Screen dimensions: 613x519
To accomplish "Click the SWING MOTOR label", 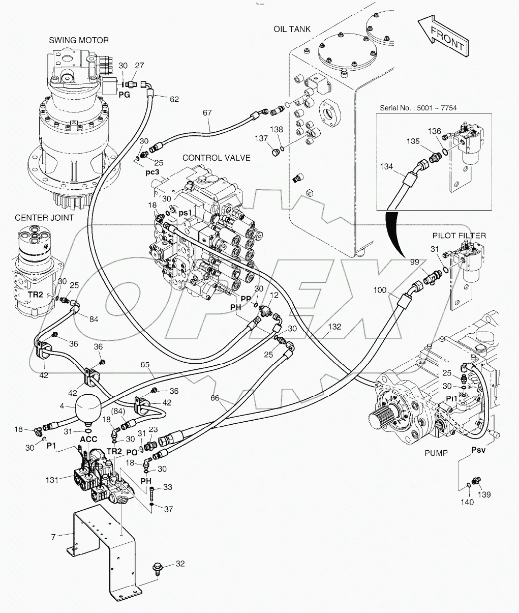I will pyautogui.click(x=79, y=40).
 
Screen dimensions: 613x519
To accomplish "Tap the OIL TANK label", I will pyautogui.click(x=292, y=29).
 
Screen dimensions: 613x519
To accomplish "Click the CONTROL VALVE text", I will pyautogui.click(x=216, y=158).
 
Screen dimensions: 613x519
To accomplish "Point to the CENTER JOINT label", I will pyautogui.click(x=44, y=218).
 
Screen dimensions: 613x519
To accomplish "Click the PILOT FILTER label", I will pyautogui.click(x=459, y=236).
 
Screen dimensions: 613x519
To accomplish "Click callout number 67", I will pyautogui.click(x=207, y=112).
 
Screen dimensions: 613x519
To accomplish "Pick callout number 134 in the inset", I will pyautogui.click(x=387, y=166).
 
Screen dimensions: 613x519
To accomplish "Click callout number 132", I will pyautogui.click(x=334, y=327).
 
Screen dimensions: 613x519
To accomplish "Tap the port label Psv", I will pyautogui.click(x=478, y=450).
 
